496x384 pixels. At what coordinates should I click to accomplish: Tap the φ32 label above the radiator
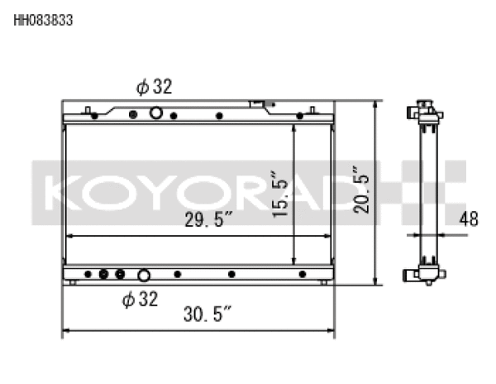(155, 87)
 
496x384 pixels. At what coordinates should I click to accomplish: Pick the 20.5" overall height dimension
(362, 192)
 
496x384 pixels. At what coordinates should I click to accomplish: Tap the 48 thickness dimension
(468, 220)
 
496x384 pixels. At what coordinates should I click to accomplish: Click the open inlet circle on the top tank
(155, 113)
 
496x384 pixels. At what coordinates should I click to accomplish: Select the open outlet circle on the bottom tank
(144, 275)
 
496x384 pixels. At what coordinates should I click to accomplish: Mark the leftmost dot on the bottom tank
(85, 274)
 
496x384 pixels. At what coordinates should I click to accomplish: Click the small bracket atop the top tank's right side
(260, 105)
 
